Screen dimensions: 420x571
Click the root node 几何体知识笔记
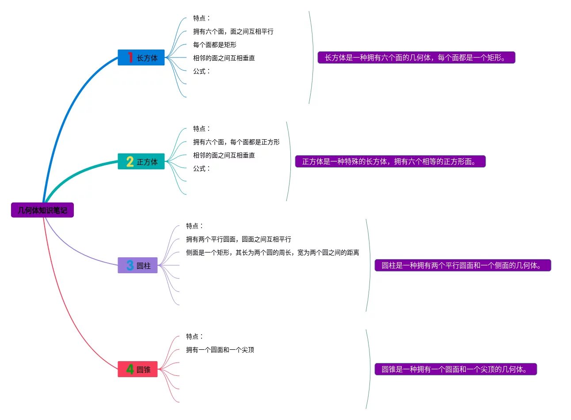pos(42,210)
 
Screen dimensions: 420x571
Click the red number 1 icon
pos(130,57)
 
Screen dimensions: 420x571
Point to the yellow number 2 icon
pos(130,162)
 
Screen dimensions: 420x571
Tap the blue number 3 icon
pos(130,265)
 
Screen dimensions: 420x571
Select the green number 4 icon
pos(130,369)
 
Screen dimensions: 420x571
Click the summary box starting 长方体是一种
pos(416,57)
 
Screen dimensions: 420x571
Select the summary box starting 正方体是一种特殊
pos(390,161)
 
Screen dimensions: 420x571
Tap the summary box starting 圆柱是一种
pos(463,265)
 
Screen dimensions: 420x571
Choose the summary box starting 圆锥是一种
pos(456,369)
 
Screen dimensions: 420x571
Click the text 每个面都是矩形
pos(215,45)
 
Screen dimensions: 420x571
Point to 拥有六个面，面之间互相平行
pos(233,31)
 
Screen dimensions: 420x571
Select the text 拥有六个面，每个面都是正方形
pos(236,142)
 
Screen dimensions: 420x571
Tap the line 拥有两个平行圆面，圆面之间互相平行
pos(239,239)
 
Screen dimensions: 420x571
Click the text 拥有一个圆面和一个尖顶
pos(220,350)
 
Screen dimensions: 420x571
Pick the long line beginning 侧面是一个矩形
pos(272,252)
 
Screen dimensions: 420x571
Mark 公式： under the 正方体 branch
pos(202,168)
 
